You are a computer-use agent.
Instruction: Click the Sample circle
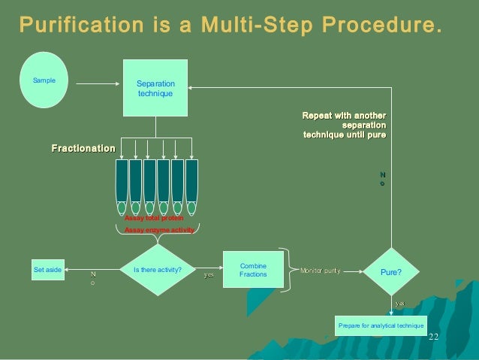click(45, 79)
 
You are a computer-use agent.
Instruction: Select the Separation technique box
click(155, 87)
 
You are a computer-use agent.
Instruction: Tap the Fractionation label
click(83, 149)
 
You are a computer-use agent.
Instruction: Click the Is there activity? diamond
click(157, 268)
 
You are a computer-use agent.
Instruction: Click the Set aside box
click(48, 268)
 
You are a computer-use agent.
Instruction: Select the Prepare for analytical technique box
click(381, 325)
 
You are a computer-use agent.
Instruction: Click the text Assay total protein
click(153, 218)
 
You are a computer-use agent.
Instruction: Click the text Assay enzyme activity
click(159, 230)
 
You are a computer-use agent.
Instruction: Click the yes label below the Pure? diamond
click(400, 303)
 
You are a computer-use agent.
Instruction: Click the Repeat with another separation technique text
click(345, 124)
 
